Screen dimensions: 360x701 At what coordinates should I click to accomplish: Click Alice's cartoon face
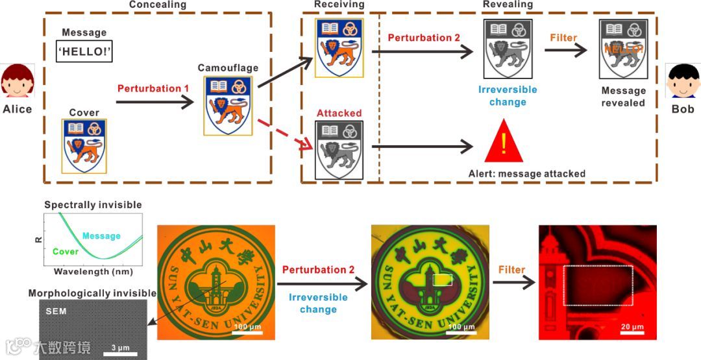point(16,82)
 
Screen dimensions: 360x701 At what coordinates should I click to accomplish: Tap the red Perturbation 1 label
point(153,88)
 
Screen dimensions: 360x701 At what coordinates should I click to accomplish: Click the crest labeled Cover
point(84,145)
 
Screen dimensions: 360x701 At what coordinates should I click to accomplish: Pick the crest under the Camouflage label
point(228,105)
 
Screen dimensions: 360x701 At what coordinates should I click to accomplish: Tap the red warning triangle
point(504,142)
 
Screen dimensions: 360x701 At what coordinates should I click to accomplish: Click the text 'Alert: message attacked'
point(526,174)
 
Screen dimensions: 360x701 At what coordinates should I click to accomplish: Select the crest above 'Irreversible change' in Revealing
point(508,49)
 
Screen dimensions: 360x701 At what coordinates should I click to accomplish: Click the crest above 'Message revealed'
point(623,49)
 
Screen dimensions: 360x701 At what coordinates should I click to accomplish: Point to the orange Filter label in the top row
point(563,38)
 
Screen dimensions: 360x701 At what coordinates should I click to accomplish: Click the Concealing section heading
point(157,5)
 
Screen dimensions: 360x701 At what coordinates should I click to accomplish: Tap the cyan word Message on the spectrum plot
point(101,236)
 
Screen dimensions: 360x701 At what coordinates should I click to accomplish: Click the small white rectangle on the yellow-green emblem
point(442,280)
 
